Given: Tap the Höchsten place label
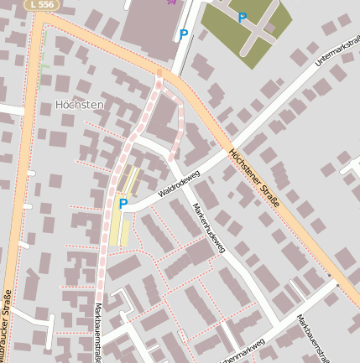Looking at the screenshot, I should pyautogui.click(x=79, y=105).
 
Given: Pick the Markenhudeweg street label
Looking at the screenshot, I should pyautogui.click(x=209, y=228).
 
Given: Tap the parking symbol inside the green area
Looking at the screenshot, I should pyautogui.click(x=243, y=18).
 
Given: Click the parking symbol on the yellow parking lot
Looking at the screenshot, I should pyautogui.click(x=123, y=203).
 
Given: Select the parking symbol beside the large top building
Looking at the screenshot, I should pyautogui.click(x=183, y=34).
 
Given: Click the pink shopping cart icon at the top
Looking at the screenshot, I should pyautogui.click(x=172, y=2).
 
